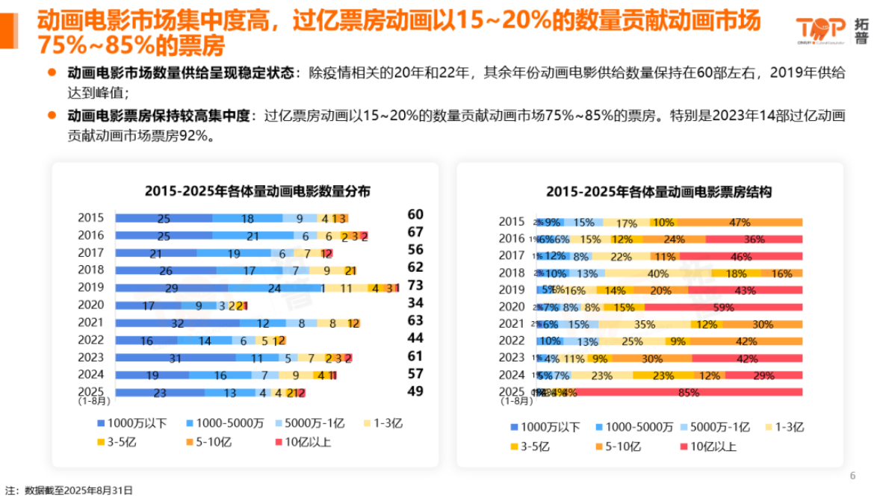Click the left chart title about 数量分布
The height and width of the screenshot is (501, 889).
pyautogui.click(x=257, y=191)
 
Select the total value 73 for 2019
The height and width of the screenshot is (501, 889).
pyautogui.click(x=415, y=285)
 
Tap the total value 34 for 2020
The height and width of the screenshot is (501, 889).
pyautogui.click(x=415, y=303)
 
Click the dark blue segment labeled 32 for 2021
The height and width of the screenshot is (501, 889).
pyautogui.click(x=178, y=323)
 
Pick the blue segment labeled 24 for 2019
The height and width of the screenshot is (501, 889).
pyautogui.click(x=274, y=287)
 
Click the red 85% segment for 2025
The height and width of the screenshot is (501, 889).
pyautogui.click(x=687, y=392)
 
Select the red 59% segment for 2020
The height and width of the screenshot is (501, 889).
pyautogui.click(x=723, y=307)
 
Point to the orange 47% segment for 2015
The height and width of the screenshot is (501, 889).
pyautogui.click(x=739, y=222)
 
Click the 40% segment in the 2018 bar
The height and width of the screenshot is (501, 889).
pyautogui.click(x=657, y=273)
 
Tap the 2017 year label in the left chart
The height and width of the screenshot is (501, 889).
pyautogui.click(x=91, y=253)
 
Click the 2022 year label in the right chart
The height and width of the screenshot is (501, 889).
pyautogui.click(x=512, y=340)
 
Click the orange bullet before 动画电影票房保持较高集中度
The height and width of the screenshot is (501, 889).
pyautogui.click(x=52, y=116)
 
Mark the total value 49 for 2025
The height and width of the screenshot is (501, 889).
pyautogui.click(x=415, y=391)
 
